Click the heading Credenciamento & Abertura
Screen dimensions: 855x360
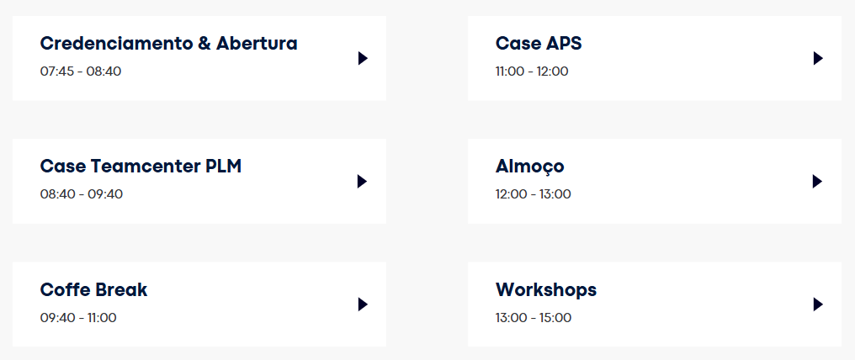pyautogui.click(x=169, y=44)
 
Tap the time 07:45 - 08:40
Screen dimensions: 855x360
pyautogui.click(x=81, y=71)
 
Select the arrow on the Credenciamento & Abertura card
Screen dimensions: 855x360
pyautogui.click(x=364, y=58)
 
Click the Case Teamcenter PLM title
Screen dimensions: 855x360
pyautogui.click(x=141, y=167)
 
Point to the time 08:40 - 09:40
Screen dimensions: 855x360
pyautogui.click(x=82, y=194)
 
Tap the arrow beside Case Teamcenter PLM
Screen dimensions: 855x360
pyautogui.click(x=363, y=182)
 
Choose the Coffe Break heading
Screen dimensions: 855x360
pyautogui.click(x=93, y=289)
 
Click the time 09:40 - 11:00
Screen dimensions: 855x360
pyautogui.click(x=78, y=317)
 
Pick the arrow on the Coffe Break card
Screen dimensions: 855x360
pyautogui.click(x=364, y=304)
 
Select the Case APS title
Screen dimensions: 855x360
pyautogui.click(x=539, y=44)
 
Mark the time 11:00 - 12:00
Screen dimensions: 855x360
pyautogui.click(x=532, y=71)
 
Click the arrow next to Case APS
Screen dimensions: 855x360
pyautogui.click(x=818, y=58)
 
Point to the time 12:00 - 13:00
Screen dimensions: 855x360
pyautogui.click(x=534, y=194)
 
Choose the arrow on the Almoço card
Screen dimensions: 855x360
pyautogui.click(x=817, y=182)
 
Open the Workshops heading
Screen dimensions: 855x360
pyautogui.click(x=546, y=290)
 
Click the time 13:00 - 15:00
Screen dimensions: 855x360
pyautogui.click(x=534, y=317)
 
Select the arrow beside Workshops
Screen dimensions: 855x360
pyautogui.click(x=818, y=304)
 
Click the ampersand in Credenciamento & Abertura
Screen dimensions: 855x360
pyautogui.click(x=204, y=44)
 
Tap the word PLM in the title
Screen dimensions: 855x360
pyautogui.click(x=224, y=167)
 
